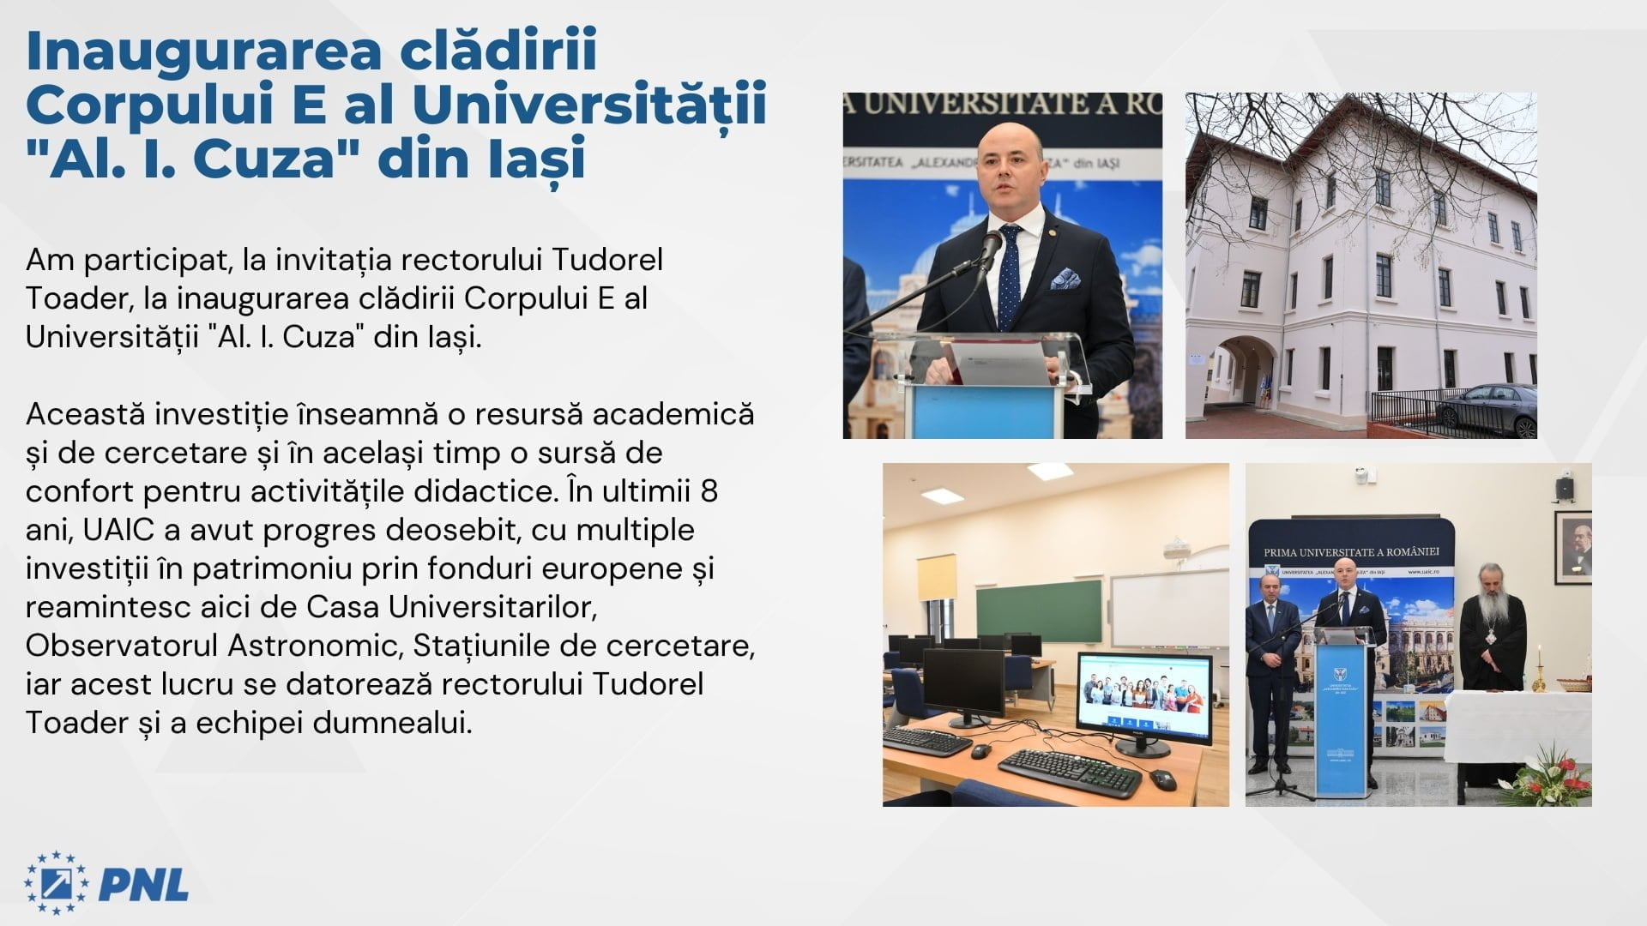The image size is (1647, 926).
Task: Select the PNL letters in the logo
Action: (x=143, y=884)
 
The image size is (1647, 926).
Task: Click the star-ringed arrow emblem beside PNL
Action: (x=56, y=884)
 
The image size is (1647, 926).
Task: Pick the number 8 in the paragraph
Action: (x=709, y=491)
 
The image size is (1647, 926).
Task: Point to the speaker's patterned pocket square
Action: (x=1065, y=280)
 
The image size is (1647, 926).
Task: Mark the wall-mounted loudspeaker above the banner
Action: (x=1565, y=487)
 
